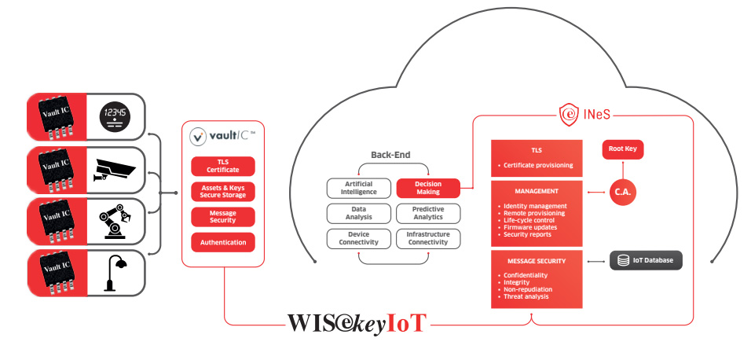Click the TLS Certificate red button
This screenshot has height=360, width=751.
[x=223, y=166]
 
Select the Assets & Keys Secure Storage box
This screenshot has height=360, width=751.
[x=223, y=191]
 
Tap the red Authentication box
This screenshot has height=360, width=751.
[x=223, y=242]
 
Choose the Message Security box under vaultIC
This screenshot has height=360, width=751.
[x=223, y=217]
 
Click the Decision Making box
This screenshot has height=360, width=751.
[x=428, y=188]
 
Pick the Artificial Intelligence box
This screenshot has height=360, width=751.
[x=359, y=188]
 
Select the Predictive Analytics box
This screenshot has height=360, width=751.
[x=428, y=213]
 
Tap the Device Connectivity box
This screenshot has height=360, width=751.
[x=359, y=238]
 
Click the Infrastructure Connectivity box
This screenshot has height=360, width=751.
[x=428, y=238]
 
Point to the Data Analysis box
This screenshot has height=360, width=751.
[x=359, y=213]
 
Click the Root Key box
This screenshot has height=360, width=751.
[x=627, y=149]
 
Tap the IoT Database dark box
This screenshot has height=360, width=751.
[x=646, y=260]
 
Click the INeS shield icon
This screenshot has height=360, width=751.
[x=570, y=116]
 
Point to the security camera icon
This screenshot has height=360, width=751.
[x=115, y=169]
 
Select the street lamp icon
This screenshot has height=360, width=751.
[x=115, y=271]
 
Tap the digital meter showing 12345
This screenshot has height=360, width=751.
[x=115, y=117]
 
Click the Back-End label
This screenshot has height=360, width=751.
[x=390, y=155]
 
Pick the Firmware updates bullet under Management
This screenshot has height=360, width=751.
[x=528, y=227]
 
